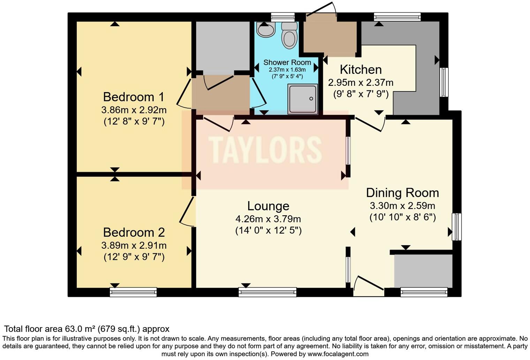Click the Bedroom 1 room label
pyautogui.click(x=134, y=97)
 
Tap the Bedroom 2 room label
pyautogui.click(x=134, y=232)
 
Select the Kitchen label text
pyautogui.click(x=361, y=69)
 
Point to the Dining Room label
pyautogui.click(x=402, y=193)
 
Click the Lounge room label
pyautogui.click(x=268, y=206)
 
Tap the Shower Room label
pyautogui.click(x=287, y=62)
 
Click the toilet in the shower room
pyautogui.click(x=289, y=35)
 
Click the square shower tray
pyautogui.click(x=303, y=99)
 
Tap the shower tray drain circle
pyautogui.click(x=311, y=99)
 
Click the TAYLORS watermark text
pyautogui.click(x=265, y=150)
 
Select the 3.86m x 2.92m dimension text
pyautogui.click(x=134, y=110)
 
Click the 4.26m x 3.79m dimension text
pyautogui.click(x=268, y=219)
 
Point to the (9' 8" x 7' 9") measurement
pyautogui.click(x=361, y=95)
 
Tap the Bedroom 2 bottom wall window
pyautogui.click(x=133, y=292)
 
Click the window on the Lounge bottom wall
pyautogui.click(x=267, y=292)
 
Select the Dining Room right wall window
pyautogui.click(x=457, y=227)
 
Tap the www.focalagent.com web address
pyautogui.click(x=338, y=354)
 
